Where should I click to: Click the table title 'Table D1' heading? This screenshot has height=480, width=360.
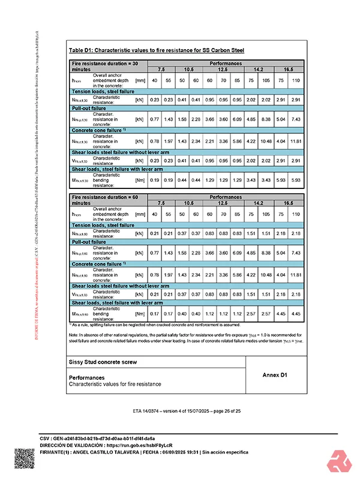tap(156, 51)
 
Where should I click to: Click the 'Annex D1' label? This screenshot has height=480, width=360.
tap(275, 375)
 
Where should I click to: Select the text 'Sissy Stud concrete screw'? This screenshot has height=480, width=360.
tap(103, 362)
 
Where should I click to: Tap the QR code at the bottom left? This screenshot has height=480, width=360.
tap(25, 459)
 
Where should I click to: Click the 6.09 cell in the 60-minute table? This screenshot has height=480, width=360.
tap(237, 253)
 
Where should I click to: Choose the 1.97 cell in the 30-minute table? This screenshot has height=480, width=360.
tap(168, 142)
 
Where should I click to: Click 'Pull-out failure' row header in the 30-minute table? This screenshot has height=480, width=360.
tap(89, 109)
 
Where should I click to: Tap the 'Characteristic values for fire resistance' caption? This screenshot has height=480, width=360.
tap(115, 383)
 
